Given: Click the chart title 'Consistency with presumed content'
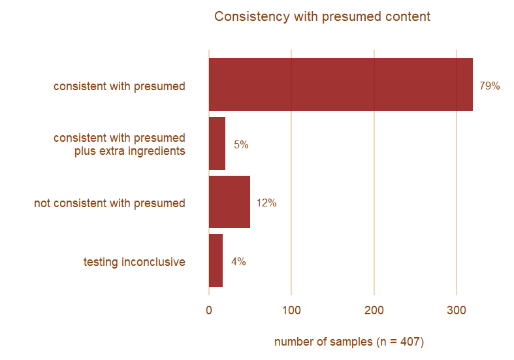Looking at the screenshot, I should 322,16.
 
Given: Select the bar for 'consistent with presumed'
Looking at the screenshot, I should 340,85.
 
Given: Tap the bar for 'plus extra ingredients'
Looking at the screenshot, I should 217,144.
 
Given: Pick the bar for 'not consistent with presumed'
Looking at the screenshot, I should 229,203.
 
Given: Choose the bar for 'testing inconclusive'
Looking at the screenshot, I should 216,261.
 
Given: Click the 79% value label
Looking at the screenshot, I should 489,86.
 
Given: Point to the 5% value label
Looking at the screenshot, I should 241,145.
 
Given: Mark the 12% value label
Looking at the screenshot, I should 266,203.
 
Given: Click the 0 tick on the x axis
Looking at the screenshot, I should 209,311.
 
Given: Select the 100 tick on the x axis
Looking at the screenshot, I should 291,311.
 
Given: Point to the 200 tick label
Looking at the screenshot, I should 374,311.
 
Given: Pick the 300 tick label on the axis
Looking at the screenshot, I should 457,311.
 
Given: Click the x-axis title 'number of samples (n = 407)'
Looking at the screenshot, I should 349,342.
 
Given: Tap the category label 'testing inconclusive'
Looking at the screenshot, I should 134,262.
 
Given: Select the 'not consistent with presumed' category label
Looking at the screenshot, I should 110,203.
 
